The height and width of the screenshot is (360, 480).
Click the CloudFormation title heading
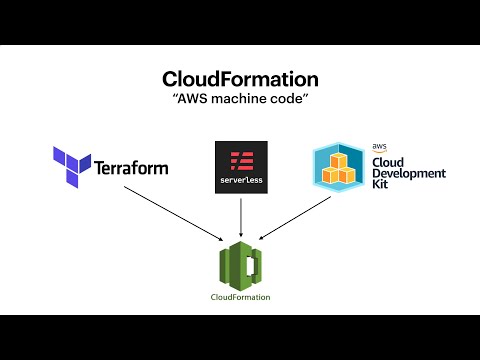pos(240,80)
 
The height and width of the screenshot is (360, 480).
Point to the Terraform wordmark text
pos(131,167)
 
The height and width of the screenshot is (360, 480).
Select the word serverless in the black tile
pos(240,180)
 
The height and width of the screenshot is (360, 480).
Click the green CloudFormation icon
pos(240,265)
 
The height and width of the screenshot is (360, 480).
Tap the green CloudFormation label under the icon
pos(240,297)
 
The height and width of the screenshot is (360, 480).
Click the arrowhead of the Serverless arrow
pos(240,235)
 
